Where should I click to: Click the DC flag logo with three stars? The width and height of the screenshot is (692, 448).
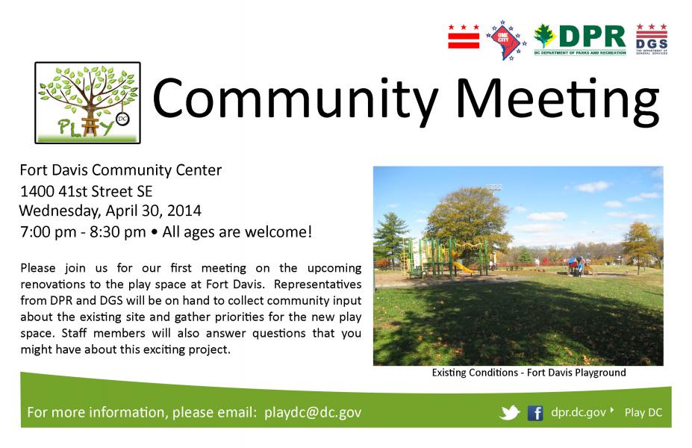pyautogui.click(x=464, y=37)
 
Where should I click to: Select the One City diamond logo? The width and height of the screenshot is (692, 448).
pyautogui.click(x=506, y=40)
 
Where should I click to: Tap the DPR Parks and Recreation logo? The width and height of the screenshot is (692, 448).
pyautogui.click(x=580, y=40)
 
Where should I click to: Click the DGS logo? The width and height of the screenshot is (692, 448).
pyautogui.click(x=652, y=40)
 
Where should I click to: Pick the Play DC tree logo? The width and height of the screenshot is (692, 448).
pyautogui.click(x=88, y=102)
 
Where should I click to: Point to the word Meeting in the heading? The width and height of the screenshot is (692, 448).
pyautogui.click(x=558, y=100)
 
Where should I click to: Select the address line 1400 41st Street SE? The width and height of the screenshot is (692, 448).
pyautogui.click(x=86, y=191)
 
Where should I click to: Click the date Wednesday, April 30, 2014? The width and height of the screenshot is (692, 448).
pyautogui.click(x=110, y=211)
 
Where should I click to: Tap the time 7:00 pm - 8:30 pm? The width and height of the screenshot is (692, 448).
pyautogui.click(x=83, y=231)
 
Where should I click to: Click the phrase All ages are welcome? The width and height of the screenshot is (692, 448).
pyautogui.click(x=237, y=231)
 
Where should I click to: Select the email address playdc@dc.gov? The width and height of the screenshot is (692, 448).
pyautogui.click(x=313, y=412)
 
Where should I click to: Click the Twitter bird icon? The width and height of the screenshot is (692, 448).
pyautogui.click(x=510, y=413)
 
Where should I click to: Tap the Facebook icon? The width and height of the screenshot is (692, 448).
pyautogui.click(x=535, y=413)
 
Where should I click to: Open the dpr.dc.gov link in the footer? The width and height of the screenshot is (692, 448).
pyautogui.click(x=579, y=412)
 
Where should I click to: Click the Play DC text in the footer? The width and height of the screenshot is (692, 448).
pyautogui.click(x=643, y=413)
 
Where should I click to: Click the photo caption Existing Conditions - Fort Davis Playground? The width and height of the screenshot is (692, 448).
pyautogui.click(x=529, y=373)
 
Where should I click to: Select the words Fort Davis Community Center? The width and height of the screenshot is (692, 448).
pyautogui.click(x=120, y=170)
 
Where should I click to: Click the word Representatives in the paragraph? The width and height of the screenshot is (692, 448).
pyautogui.click(x=317, y=284)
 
